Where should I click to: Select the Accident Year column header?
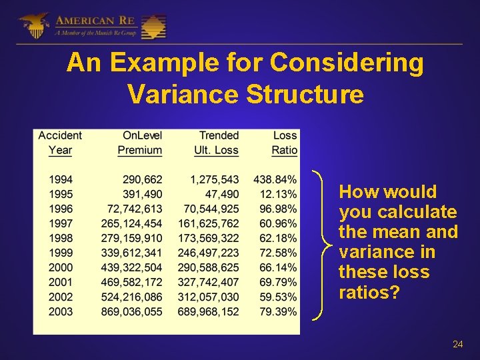click(x=60, y=143)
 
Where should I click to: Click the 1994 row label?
click(x=61, y=179)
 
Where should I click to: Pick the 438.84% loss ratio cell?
click(x=275, y=179)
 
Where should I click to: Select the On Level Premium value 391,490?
click(x=143, y=194)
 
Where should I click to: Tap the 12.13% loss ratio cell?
click(x=278, y=194)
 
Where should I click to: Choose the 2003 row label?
click(x=61, y=311)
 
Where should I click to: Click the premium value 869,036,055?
click(x=132, y=311)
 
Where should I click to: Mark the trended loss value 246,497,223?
click(x=209, y=253)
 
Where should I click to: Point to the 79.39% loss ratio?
click(x=278, y=311)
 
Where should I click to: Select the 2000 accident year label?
click(x=61, y=267)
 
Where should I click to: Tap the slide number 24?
click(x=457, y=344)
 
